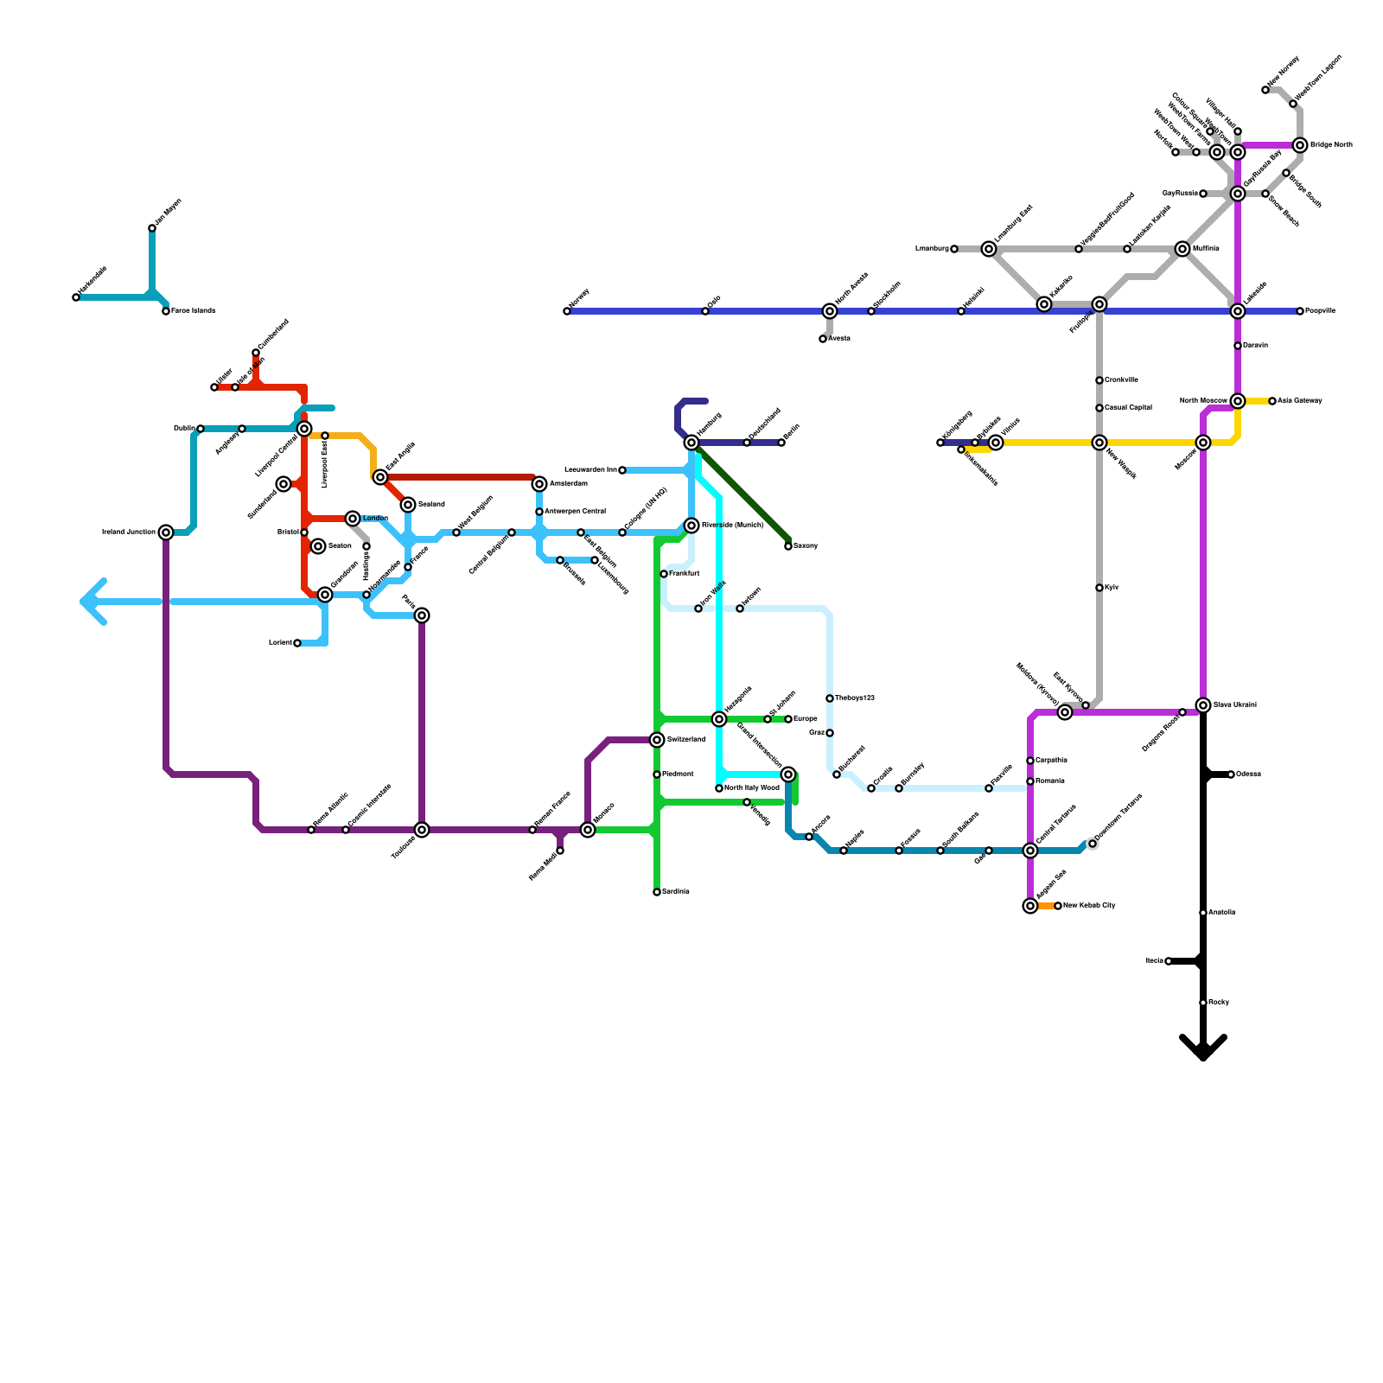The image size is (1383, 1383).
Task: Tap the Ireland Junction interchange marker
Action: tap(166, 532)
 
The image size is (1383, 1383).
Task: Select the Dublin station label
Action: tap(183, 429)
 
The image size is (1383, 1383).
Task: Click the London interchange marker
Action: tap(353, 519)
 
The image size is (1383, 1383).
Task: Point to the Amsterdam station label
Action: tap(569, 484)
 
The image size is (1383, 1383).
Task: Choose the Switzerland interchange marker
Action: tap(657, 740)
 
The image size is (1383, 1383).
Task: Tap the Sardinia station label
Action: tap(676, 892)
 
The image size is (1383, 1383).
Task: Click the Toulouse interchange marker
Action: tap(422, 830)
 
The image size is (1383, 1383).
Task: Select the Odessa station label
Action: tap(1248, 774)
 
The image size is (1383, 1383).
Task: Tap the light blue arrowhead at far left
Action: tap(90, 602)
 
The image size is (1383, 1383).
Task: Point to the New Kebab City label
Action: tap(1089, 906)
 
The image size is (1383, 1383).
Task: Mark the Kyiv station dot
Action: tap(1099, 588)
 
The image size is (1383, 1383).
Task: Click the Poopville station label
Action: tap(1320, 311)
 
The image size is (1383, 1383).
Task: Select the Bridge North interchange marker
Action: tap(1300, 145)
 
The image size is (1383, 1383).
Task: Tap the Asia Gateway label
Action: tap(1300, 401)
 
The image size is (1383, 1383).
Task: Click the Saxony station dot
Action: tap(788, 546)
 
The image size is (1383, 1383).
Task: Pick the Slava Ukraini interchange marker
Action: tap(1203, 705)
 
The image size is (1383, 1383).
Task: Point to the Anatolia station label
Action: tap(1222, 913)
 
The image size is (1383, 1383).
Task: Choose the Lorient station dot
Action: tap(297, 643)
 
